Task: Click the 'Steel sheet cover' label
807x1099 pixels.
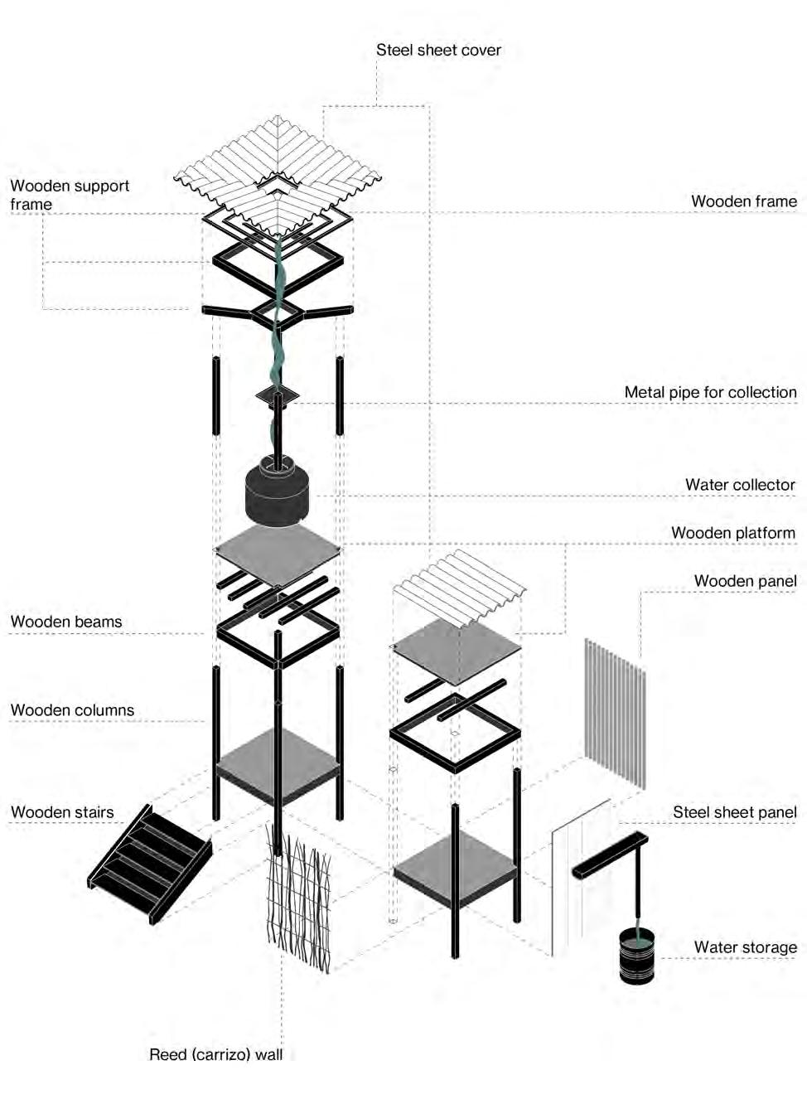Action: pos(438,50)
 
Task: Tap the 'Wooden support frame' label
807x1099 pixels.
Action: pos(70,195)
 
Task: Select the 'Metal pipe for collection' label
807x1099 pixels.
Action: pos(710,392)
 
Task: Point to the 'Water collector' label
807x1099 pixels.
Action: pos(740,485)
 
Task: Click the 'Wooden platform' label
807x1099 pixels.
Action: pos(732,533)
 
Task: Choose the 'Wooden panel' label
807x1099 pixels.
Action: pos(745,581)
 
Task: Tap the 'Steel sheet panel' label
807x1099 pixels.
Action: pos(734,812)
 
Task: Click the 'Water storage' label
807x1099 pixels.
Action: pos(745,946)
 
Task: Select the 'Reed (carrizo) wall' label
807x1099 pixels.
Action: pos(215,1054)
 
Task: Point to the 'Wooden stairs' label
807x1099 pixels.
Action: pos(62,812)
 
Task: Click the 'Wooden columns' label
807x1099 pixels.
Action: pos(72,710)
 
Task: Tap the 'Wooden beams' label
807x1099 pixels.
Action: pos(66,622)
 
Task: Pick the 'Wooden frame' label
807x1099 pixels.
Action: pos(743,201)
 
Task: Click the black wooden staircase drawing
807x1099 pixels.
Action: pos(149,862)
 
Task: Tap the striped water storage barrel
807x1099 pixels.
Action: pos(636,956)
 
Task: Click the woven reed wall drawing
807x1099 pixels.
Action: pos(298,899)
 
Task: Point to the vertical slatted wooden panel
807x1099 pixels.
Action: pos(615,713)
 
